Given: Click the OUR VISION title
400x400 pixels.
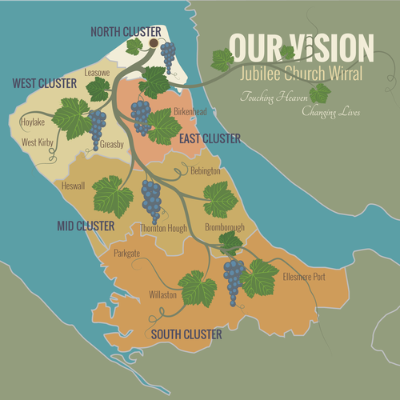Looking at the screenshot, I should [x=301, y=49].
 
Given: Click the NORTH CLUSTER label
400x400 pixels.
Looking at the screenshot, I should [x=126, y=31].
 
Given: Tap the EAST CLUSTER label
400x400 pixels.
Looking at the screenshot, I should [x=210, y=138].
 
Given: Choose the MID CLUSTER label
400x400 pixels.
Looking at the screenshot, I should [x=84, y=226].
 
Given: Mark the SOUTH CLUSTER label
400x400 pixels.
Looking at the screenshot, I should [x=186, y=334].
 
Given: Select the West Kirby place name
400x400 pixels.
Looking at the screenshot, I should [x=38, y=142].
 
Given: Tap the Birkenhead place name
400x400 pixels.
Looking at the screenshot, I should [x=190, y=112].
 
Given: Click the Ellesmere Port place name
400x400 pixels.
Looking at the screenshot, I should [x=304, y=277].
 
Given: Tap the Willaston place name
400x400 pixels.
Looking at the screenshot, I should [x=162, y=294].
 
